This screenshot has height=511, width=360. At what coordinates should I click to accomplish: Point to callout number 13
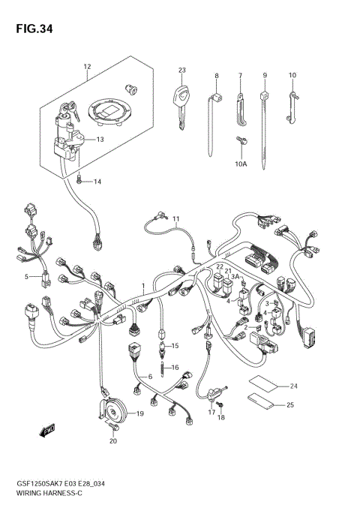pyautogui.click(x=100, y=139)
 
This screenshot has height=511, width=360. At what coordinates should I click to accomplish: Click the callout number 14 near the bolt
pyautogui.click(x=97, y=182)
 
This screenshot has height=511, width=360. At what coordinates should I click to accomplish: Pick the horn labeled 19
pyautogui.click(x=112, y=410)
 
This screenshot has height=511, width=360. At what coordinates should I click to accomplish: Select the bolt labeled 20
pyautogui.click(x=112, y=428)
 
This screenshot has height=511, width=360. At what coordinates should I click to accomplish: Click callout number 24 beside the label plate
pyautogui.click(x=293, y=386)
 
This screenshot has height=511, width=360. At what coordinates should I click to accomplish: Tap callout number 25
pyautogui.click(x=289, y=405)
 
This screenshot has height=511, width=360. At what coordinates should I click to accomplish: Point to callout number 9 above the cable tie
pyautogui.click(x=265, y=76)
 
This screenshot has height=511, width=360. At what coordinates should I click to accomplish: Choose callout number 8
pyautogui.click(x=216, y=76)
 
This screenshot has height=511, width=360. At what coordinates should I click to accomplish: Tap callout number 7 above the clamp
pyautogui.click(x=240, y=76)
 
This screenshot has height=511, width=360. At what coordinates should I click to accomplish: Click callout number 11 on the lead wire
pyautogui.click(x=175, y=220)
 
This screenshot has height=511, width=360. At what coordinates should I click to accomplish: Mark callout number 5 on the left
pyautogui.click(x=26, y=277)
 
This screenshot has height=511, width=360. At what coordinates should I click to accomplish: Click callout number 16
pyautogui.click(x=175, y=367)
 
